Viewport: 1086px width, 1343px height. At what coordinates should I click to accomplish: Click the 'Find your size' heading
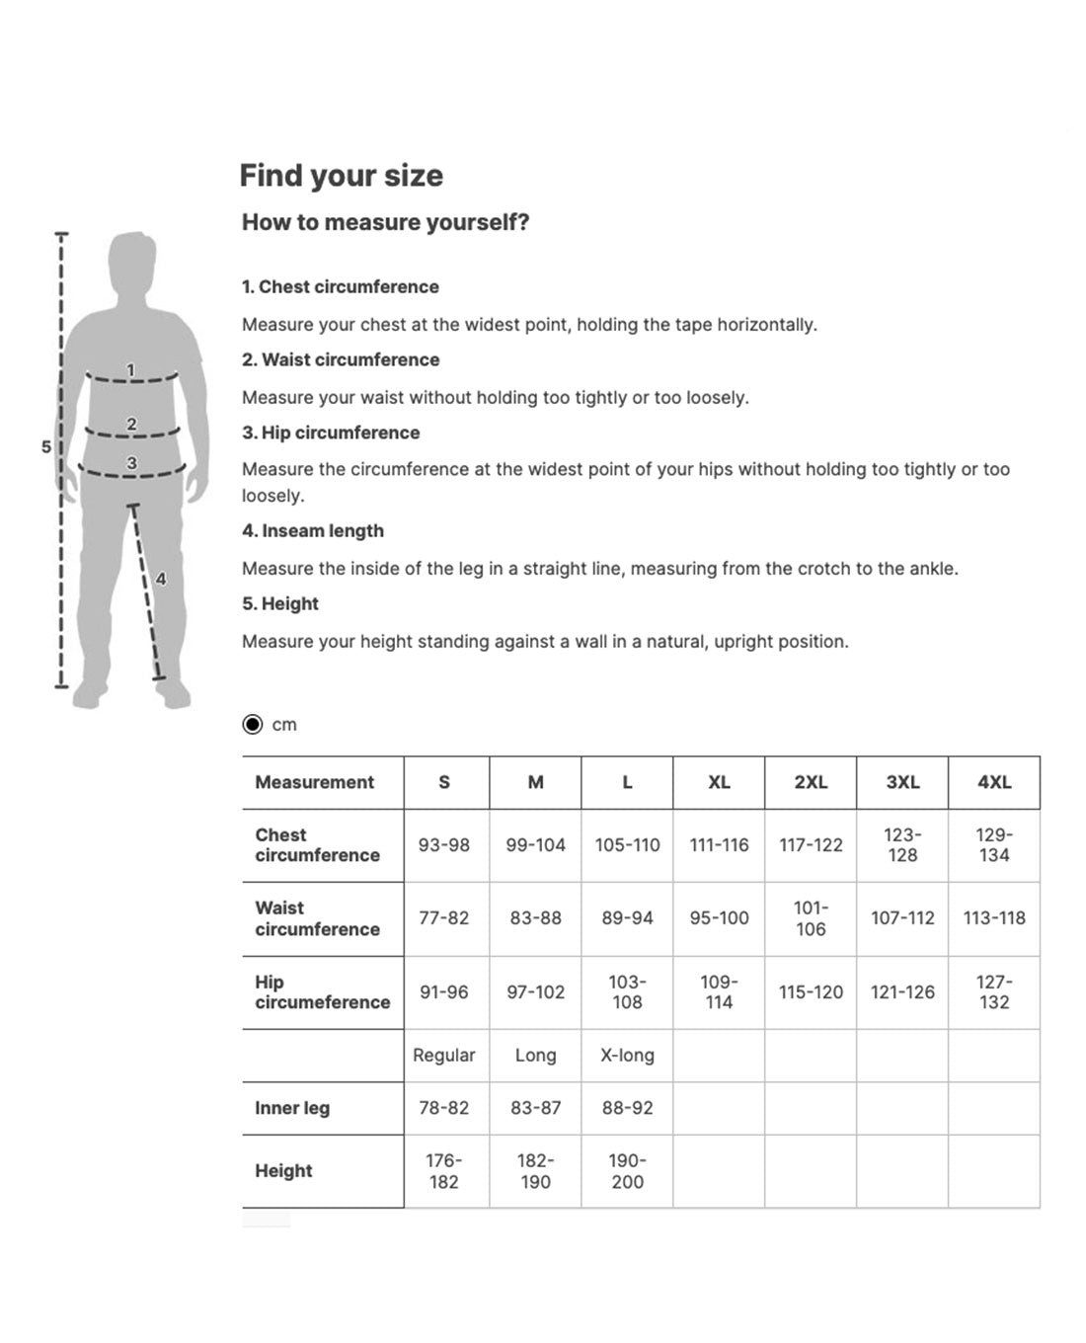tap(341, 176)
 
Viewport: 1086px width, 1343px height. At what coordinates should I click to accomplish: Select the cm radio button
tap(253, 725)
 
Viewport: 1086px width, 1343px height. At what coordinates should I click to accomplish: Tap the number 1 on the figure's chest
tap(130, 370)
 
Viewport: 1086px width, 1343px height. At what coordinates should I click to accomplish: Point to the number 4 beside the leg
tap(161, 579)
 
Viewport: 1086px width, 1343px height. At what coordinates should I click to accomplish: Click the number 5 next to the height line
tap(46, 446)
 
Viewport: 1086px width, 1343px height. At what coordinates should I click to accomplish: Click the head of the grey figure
tap(132, 261)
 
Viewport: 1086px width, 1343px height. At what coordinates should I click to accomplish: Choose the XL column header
tap(719, 782)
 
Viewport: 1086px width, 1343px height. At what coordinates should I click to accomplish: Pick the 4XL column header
tap(994, 782)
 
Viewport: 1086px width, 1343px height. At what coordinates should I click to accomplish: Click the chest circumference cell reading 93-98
tap(444, 845)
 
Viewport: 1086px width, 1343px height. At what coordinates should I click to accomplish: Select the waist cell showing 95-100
tap(719, 918)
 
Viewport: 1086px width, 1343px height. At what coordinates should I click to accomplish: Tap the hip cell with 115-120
tap(811, 992)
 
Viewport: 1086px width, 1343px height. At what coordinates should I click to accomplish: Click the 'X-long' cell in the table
tap(627, 1056)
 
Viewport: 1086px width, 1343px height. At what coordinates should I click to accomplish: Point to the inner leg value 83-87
tap(535, 1108)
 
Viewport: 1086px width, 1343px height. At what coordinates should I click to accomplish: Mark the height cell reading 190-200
tap(627, 1171)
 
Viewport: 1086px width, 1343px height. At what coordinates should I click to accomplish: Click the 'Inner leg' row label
tap(292, 1108)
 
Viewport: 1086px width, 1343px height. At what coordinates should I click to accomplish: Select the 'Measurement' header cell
tap(314, 782)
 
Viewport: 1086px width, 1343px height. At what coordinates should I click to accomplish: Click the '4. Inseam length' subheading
tap(313, 531)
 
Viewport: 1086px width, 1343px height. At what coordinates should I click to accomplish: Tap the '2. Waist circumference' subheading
tap(341, 360)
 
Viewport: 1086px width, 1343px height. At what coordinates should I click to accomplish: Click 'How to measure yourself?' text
tap(385, 222)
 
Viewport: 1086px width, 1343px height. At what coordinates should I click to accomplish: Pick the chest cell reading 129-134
tap(994, 845)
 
